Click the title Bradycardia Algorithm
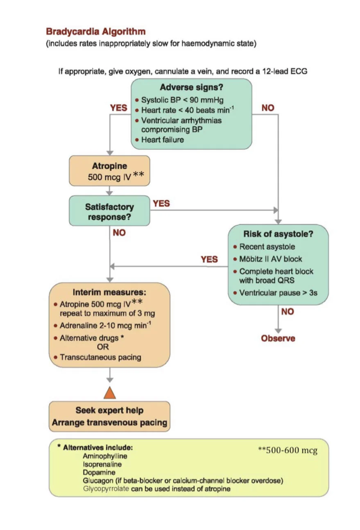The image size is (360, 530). (96, 32)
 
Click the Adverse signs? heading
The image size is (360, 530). (191, 87)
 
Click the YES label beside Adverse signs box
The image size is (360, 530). (118, 108)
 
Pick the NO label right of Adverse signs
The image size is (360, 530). (268, 108)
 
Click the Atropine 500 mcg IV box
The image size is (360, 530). (109, 171)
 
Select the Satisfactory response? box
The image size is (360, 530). (109, 211)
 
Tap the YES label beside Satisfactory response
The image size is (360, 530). (161, 204)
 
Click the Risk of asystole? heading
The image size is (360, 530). (278, 234)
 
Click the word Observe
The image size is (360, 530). (278, 338)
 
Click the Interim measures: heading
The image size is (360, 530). (109, 292)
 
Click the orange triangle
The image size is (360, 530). (110, 393)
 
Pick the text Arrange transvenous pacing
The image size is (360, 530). (109, 423)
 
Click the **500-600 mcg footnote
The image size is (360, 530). (288, 450)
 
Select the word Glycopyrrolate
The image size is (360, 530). (106, 489)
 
